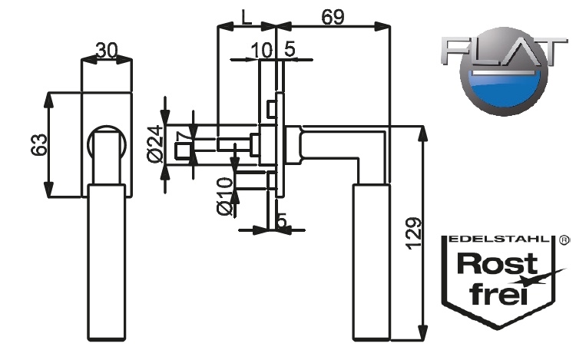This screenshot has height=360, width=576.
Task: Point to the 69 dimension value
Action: coord(332,17)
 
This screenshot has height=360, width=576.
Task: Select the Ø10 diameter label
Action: coord(223,197)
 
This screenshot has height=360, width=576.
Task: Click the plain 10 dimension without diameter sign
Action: coord(261,50)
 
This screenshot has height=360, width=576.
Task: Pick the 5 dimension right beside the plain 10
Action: coord(290,50)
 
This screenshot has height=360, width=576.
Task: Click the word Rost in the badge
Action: coord(496,265)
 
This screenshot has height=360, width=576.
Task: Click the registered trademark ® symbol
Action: coord(564,239)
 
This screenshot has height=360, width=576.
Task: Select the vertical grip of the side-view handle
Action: coord(371,261)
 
